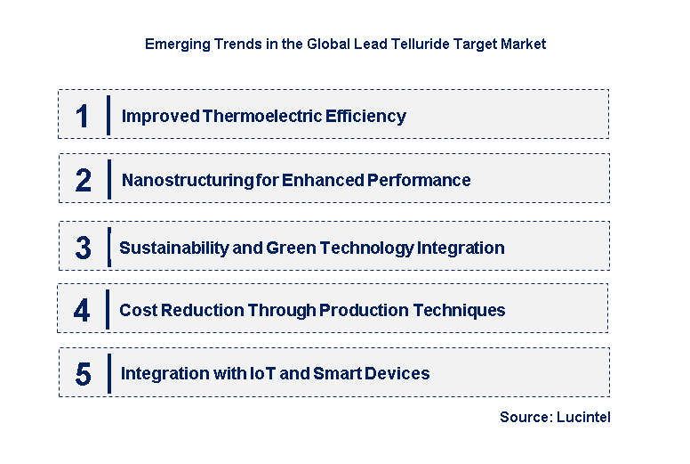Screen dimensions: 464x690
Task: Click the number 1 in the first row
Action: pos(82,116)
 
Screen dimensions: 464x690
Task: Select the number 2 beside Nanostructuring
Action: pos(83,180)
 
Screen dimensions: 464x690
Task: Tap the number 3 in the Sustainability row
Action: pos(83,248)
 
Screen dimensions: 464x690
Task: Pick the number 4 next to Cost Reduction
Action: pos(82,310)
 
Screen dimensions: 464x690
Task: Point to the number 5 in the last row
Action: pos(83,374)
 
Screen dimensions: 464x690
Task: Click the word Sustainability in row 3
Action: pos(173,248)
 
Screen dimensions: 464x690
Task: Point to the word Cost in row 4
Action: pos(137,310)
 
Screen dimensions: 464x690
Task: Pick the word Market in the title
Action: pos(522,43)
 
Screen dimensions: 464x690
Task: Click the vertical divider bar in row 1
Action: pos(108,115)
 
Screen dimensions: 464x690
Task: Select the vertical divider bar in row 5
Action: pos(108,372)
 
